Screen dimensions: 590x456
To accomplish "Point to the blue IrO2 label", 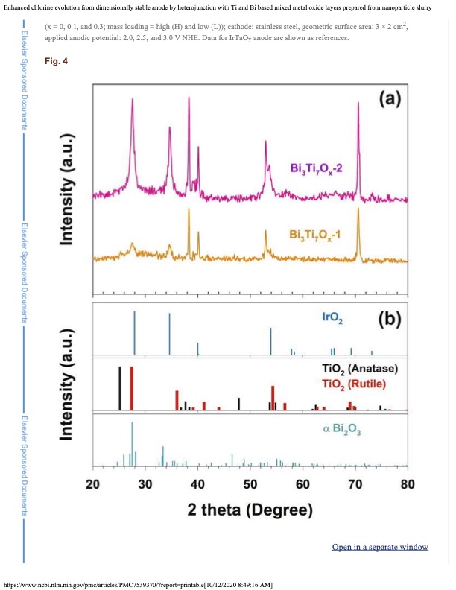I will tap(332, 317).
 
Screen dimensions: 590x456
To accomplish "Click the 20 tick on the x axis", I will tap(93, 483).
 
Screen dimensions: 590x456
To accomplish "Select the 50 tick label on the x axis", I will tap(250, 483).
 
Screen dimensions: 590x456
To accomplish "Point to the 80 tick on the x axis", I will tap(408, 483).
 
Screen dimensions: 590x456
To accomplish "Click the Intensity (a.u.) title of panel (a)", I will tap(69, 189).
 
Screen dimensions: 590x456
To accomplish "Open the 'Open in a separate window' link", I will tap(380, 547).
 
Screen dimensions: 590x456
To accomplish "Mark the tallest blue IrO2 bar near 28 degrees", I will tap(134, 332).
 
